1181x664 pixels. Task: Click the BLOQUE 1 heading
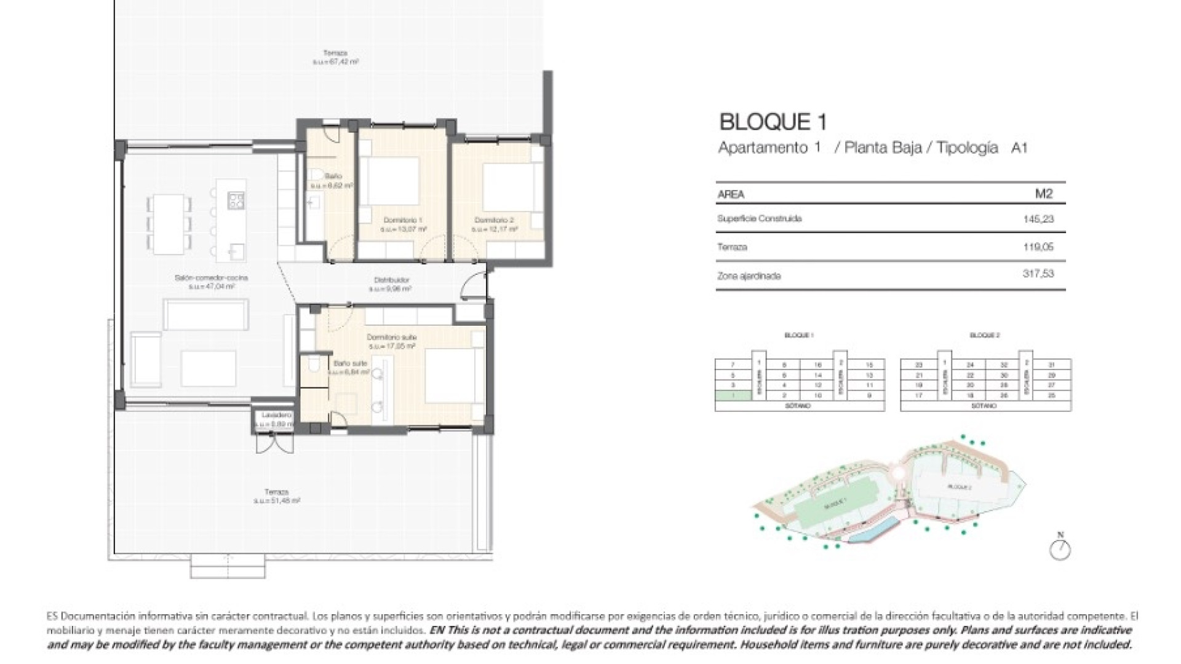pos(773,122)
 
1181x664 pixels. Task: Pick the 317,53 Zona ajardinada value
pos(1038,274)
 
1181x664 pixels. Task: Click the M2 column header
pos(1044,194)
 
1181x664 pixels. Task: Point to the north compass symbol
pos(1060,549)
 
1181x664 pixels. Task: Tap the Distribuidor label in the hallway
pos(392,280)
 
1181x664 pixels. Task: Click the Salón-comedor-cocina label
pos(211,278)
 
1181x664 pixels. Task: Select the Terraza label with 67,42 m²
pos(335,53)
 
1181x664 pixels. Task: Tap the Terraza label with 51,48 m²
pos(276,492)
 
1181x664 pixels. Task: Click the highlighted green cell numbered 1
pos(733,395)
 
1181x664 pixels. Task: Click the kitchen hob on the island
pos(236,199)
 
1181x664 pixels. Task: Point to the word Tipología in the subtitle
pos(967,148)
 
